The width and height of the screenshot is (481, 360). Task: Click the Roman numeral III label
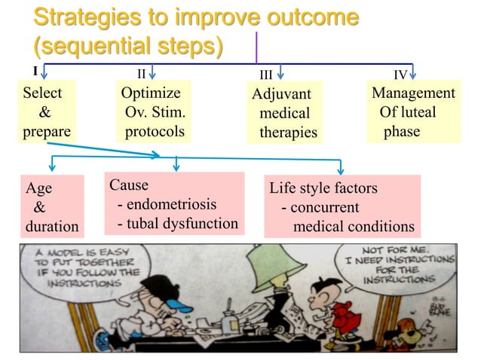click(x=266, y=75)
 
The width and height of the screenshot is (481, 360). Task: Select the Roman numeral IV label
click(x=401, y=75)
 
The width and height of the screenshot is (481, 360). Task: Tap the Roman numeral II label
click(x=141, y=74)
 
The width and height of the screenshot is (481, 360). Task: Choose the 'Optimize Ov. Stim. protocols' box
click(x=154, y=113)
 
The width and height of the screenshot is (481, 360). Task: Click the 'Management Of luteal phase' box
click(x=414, y=113)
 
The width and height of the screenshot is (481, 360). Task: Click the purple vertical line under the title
click(x=256, y=47)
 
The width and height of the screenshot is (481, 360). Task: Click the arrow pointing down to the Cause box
click(x=176, y=164)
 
